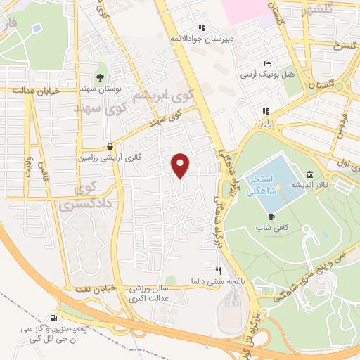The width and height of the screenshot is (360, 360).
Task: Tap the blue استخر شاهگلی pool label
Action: pos(270,184)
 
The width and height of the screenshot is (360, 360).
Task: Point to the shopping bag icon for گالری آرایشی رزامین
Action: pos(110,147)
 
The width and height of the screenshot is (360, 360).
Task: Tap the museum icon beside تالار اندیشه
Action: pos(309,174)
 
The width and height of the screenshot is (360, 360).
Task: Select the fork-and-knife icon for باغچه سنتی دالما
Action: pos(219,270)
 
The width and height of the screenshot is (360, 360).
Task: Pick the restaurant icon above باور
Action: pos(265,111)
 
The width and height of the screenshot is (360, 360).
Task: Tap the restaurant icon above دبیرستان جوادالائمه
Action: pos(202,28)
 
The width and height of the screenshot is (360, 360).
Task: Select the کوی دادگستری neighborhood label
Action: pos(79,198)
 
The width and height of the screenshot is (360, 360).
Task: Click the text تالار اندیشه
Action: pos(332,184)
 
